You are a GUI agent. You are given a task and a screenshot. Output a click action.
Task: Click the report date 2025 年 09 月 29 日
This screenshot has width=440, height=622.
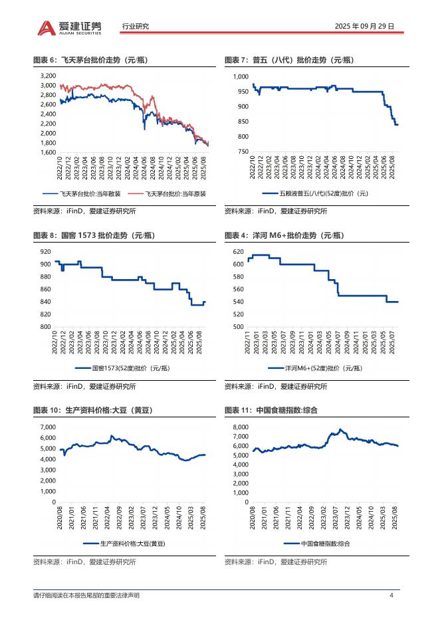[364, 27]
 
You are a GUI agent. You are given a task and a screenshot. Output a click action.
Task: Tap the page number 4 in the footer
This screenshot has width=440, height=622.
[391, 595]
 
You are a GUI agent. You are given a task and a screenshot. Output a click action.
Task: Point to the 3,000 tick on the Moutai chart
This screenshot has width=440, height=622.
[48, 86]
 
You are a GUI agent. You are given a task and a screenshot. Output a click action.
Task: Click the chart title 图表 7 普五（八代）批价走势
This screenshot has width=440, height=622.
[289, 60]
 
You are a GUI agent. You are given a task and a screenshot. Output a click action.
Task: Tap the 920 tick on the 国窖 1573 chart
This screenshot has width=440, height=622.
[45, 251]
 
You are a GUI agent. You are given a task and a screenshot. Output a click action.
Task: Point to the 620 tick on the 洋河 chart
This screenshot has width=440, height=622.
[239, 252]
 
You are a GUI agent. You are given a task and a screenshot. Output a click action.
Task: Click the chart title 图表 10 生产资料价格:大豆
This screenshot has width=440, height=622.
[93, 410]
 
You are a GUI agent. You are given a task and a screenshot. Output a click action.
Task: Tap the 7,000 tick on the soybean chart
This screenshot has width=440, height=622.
[47, 426]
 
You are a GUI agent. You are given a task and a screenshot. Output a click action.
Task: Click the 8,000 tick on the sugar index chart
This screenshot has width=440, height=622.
[239, 426]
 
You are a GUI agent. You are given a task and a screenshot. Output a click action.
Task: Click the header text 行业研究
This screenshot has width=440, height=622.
[136, 27]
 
